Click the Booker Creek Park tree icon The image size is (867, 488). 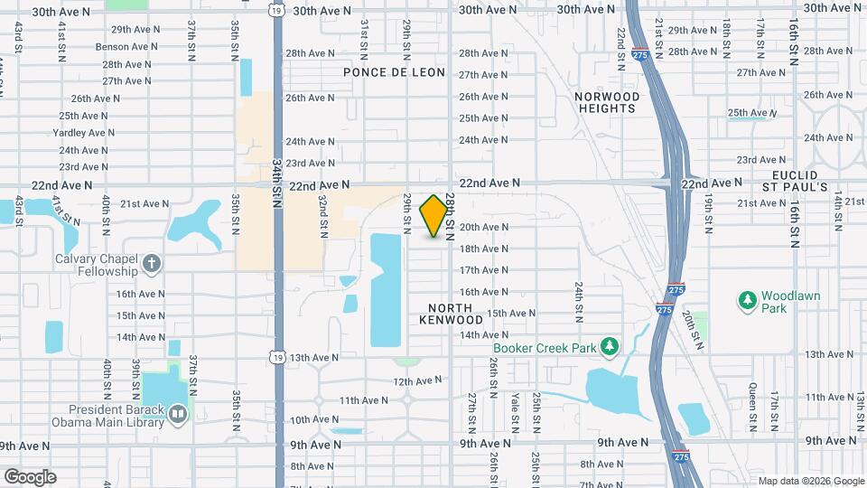pyautogui.click(x=611, y=345)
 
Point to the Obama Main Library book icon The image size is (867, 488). pyautogui.click(x=178, y=414)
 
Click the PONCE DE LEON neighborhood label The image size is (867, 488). pyautogui.click(x=395, y=72)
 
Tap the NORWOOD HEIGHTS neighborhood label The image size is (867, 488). pyautogui.click(x=607, y=102)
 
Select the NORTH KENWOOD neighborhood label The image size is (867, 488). pyautogui.click(x=450, y=314)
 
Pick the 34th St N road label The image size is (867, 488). pyautogui.click(x=277, y=185)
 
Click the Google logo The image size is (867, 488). pyautogui.click(x=30, y=476)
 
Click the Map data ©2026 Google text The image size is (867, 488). pyautogui.click(x=811, y=481)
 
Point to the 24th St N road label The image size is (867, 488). pyautogui.click(x=578, y=300)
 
